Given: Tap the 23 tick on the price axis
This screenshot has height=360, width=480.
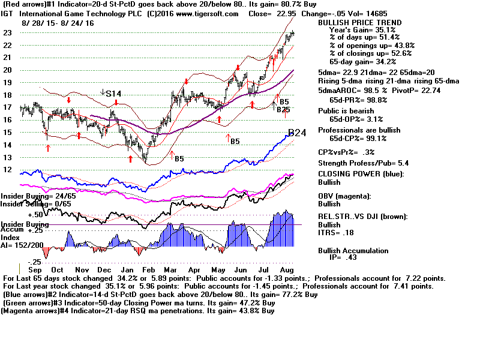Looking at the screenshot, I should pos(8,32).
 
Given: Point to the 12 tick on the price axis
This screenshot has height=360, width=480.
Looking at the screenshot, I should pos(8,169).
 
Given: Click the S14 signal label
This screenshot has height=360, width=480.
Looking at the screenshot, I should pos(113,94).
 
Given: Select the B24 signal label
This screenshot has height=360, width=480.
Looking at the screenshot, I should pos(298,133).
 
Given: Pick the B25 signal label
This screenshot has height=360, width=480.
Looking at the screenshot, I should pos(284,110).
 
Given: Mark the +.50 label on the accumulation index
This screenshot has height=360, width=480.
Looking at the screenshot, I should pos(35,214).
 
